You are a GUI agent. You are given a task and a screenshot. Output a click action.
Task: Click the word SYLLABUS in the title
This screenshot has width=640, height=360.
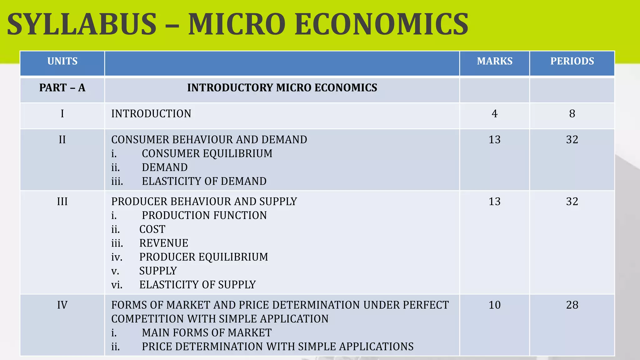point(82,24)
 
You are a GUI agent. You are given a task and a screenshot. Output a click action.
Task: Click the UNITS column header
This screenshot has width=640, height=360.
point(62,61)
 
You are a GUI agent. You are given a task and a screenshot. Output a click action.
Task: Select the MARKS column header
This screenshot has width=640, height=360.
point(495,61)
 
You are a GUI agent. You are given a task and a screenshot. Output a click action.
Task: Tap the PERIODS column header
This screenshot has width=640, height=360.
point(572,61)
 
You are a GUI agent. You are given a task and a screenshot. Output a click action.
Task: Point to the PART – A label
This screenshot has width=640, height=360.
point(62,88)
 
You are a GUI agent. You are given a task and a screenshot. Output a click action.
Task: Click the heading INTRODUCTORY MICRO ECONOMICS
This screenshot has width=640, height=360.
point(282,88)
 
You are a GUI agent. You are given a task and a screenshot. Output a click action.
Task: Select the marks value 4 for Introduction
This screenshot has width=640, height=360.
point(494,114)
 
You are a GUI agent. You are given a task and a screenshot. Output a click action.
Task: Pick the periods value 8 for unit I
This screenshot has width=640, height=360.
point(572,114)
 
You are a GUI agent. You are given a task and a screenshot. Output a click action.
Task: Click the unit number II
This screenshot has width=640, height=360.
point(62,140)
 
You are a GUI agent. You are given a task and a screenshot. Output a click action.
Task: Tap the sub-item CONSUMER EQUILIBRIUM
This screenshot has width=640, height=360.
point(207,154)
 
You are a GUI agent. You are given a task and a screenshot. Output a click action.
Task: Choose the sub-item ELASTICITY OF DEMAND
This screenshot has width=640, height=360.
point(204,181)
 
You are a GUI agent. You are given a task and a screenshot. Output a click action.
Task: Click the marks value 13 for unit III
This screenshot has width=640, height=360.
point(494,202)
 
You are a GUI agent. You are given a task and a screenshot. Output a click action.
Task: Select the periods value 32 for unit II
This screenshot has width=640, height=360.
point(572,140)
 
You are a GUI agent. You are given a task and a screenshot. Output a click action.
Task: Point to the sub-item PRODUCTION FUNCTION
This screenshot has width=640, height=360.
point(204,215)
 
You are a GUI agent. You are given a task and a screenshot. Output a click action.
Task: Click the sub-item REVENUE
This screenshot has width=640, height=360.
point(164,243)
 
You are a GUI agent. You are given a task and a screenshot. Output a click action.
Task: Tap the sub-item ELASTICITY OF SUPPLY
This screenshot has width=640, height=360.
point(197,285)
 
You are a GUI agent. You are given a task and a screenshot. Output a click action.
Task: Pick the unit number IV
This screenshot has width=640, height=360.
point(62,305)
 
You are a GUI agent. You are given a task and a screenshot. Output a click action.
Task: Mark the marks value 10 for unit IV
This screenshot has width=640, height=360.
point(494,305)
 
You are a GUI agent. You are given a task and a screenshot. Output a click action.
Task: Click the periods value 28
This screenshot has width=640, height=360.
point(572,305)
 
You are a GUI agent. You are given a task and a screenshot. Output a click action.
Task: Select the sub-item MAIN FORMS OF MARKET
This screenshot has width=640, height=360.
point(207,333)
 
